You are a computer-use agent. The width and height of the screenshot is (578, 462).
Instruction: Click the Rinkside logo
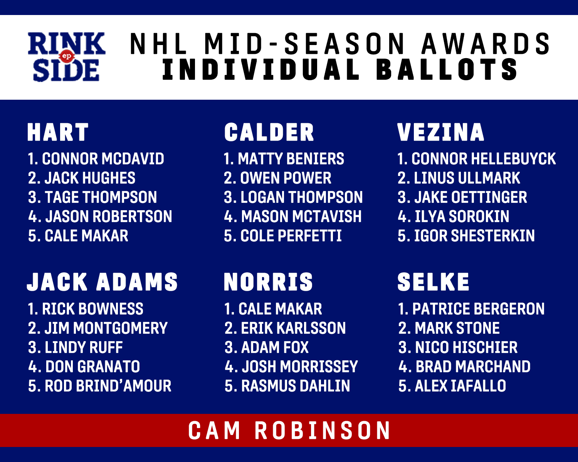point(66,57)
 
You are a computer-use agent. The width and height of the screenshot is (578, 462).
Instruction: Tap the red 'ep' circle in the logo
point(66,56)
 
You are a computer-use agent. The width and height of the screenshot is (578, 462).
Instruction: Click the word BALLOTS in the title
point(447,70)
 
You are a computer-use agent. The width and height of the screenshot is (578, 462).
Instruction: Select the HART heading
point(58,132)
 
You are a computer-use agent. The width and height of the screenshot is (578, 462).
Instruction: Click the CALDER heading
point(269,132)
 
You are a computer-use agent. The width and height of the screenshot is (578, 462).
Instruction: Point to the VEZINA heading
point(441,132)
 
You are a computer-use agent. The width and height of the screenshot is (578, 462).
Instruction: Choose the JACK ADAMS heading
point(102,281)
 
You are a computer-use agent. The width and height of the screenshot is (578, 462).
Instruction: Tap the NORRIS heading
point(268,281)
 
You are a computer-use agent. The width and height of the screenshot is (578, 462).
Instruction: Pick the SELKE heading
point(433,281)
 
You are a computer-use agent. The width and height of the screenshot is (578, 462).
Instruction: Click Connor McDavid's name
point(103,159)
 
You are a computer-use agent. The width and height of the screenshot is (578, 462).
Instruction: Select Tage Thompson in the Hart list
point(101,197)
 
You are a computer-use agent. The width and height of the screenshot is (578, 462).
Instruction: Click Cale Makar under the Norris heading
point(280,309)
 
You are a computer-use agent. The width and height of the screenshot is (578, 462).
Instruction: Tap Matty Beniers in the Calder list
point(291,159)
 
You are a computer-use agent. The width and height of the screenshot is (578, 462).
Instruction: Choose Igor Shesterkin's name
point(474,236)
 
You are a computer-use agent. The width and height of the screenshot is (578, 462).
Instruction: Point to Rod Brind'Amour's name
point(108,386)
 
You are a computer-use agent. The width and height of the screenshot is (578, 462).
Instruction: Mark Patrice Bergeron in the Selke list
point(478,309)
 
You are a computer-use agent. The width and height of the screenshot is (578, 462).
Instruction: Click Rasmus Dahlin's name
point(296,386)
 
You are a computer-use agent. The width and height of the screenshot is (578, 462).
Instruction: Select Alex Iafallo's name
point(460,386)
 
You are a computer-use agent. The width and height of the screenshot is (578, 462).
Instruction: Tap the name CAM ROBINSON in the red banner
point(289,430)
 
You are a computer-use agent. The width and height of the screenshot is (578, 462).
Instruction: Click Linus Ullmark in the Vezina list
point(467,178)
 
